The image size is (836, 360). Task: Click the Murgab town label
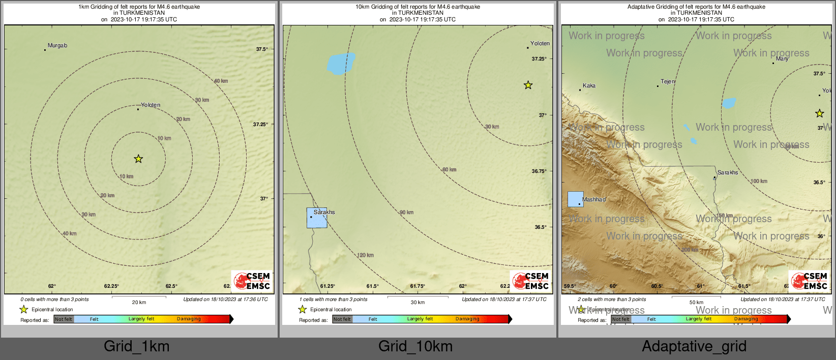(57, 46)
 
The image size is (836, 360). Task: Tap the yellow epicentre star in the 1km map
(138, 159)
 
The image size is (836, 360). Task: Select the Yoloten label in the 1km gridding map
(151, 105)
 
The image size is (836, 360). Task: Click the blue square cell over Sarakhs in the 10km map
(316, 218)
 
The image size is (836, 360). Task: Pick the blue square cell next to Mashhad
(575, 199)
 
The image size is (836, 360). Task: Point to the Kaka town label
(589, 86)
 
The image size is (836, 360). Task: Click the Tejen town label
(668, 82)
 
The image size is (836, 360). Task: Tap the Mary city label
(782, 59)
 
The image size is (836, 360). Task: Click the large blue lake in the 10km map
(340, 63)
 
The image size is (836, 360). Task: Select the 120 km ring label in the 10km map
(365, 255)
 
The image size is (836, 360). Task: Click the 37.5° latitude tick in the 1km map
(262, 49)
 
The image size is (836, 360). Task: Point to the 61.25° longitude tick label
(327, 286)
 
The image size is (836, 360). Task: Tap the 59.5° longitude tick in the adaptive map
(570, 286)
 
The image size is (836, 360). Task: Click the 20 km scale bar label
(139, 303)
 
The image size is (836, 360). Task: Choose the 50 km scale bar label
(696, 303)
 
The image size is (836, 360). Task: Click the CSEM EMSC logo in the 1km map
(252, 281)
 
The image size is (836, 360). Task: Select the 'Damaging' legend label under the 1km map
(189, 319)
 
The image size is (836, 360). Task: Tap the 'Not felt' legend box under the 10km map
(342, 319)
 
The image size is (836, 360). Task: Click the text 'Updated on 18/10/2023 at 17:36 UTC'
(225, 299)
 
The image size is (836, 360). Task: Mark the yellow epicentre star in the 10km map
(528, 85)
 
